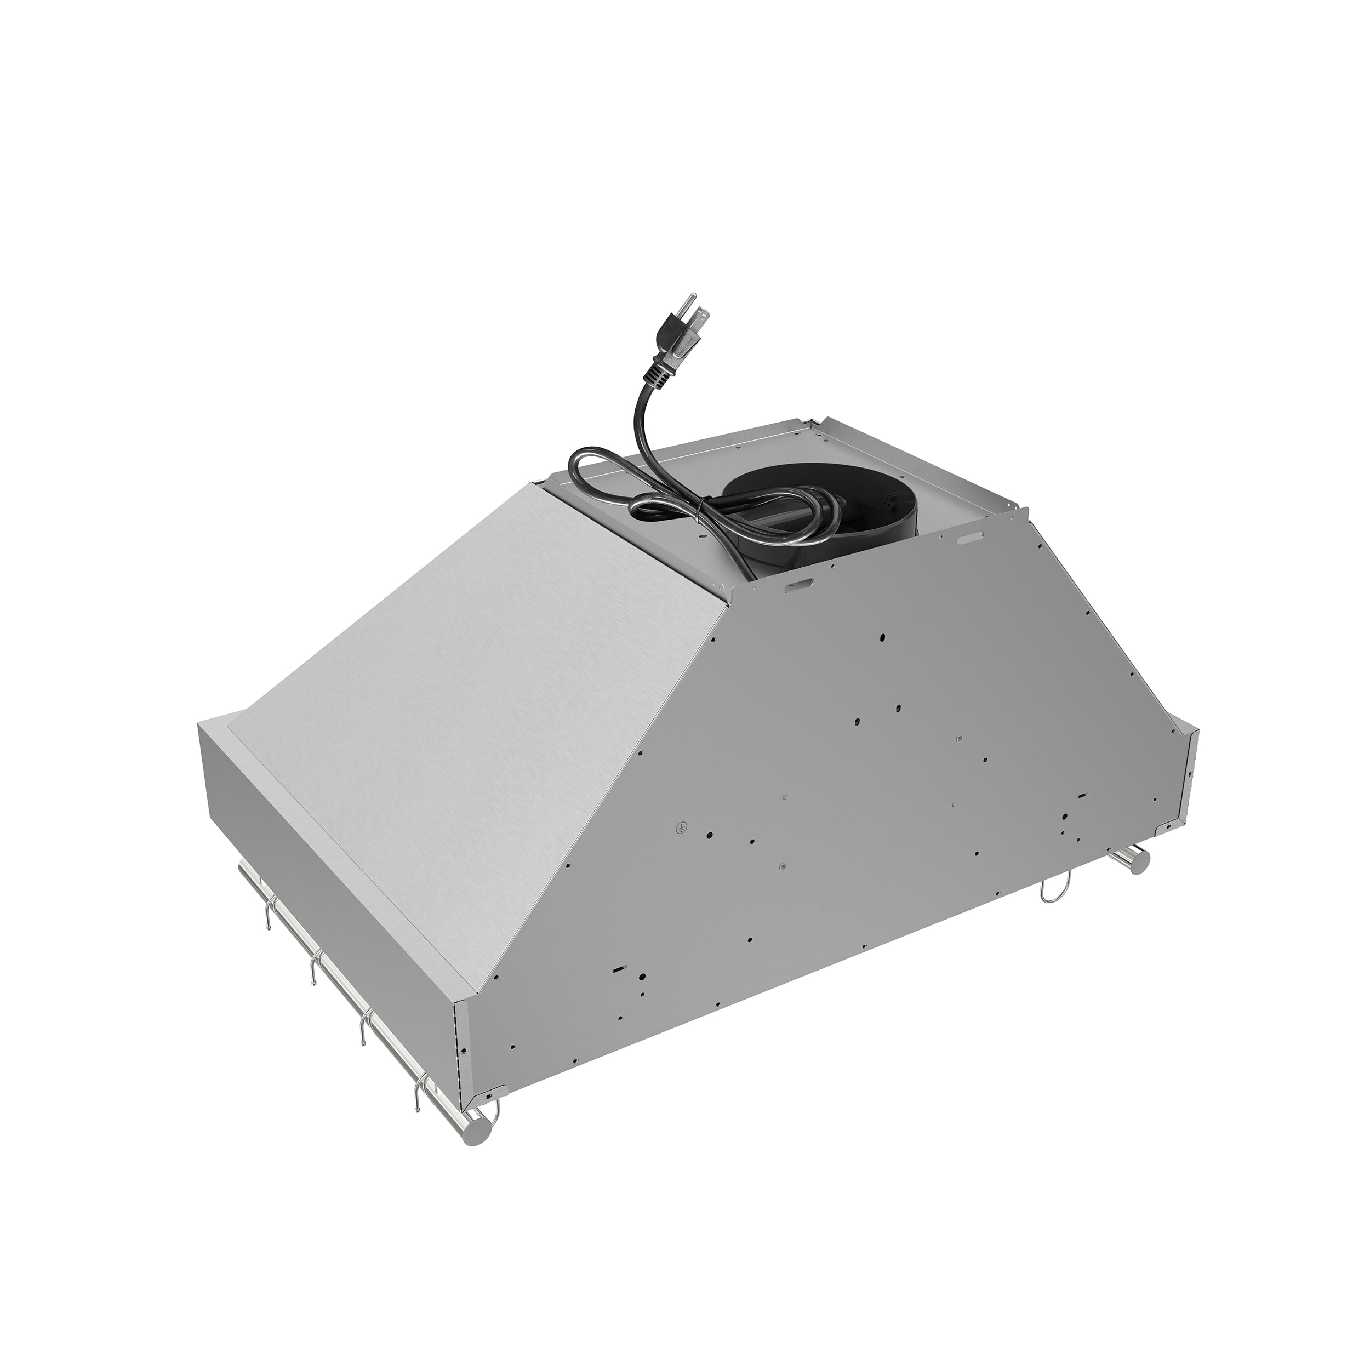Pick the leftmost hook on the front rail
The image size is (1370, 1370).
[267, 916]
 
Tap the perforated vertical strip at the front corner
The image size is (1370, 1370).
[460, 1057]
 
